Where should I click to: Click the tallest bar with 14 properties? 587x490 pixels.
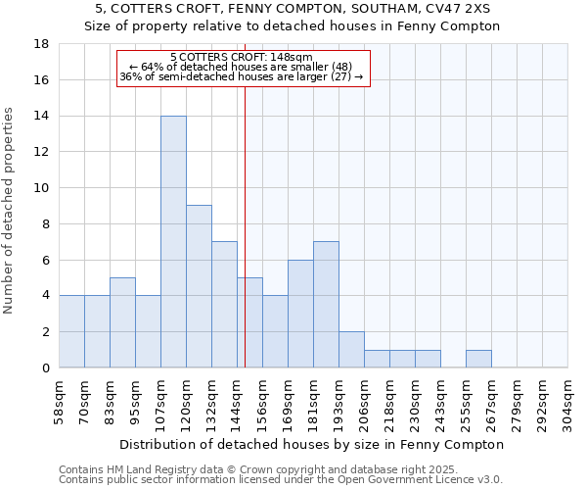pyautogui.click(x=173, y=241)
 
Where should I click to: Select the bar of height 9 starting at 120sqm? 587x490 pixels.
pyautogui.click(x=199, y=286)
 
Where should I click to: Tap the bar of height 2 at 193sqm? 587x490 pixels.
pyautogui.click(x=351, y=349)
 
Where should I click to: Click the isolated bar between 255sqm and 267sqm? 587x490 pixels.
pyautogui.click(x=478, y=359)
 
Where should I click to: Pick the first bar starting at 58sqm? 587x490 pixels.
pyautogui.click(x=71, y=331)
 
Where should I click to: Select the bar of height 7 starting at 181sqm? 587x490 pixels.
pyautogui.click(x=326, y=304)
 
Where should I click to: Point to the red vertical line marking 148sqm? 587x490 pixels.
pyautogui.click(x=245, y=225)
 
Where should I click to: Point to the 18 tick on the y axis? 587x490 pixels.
pyautogui.click(x=41, y=44)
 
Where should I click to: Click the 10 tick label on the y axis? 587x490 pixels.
pyautogui.click(x=41, y=188)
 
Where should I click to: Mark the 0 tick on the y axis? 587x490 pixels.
pyautogui.click(x=45, y=367)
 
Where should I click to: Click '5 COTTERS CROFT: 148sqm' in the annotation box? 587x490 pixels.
pyautogui.click(x=242, y=57)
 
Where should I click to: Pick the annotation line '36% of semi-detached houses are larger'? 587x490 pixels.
pyautogui.click(x=242, y=76)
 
